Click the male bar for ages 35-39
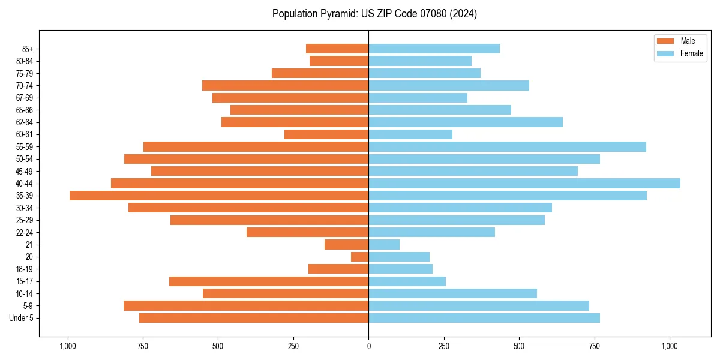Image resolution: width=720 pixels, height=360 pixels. (x=219, y=196)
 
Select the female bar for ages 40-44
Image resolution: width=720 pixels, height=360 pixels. (x=524, y=183)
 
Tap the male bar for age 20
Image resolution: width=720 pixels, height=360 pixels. (x=360, y=257)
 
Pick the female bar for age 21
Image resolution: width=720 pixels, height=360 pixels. (x=384, y=244)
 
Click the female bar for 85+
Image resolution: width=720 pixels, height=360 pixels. (x=434, y=49)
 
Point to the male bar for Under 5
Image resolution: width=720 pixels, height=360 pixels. (x=254, y=318)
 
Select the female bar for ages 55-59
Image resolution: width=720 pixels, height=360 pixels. (x=507, y=146)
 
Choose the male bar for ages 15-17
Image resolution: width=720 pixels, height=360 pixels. (x=269, y=281)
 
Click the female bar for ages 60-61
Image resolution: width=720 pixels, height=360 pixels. (x=410, y=134)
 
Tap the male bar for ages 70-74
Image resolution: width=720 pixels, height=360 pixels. (x=285, y=85)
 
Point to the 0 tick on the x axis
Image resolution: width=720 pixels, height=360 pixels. (x=368, y=346)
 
